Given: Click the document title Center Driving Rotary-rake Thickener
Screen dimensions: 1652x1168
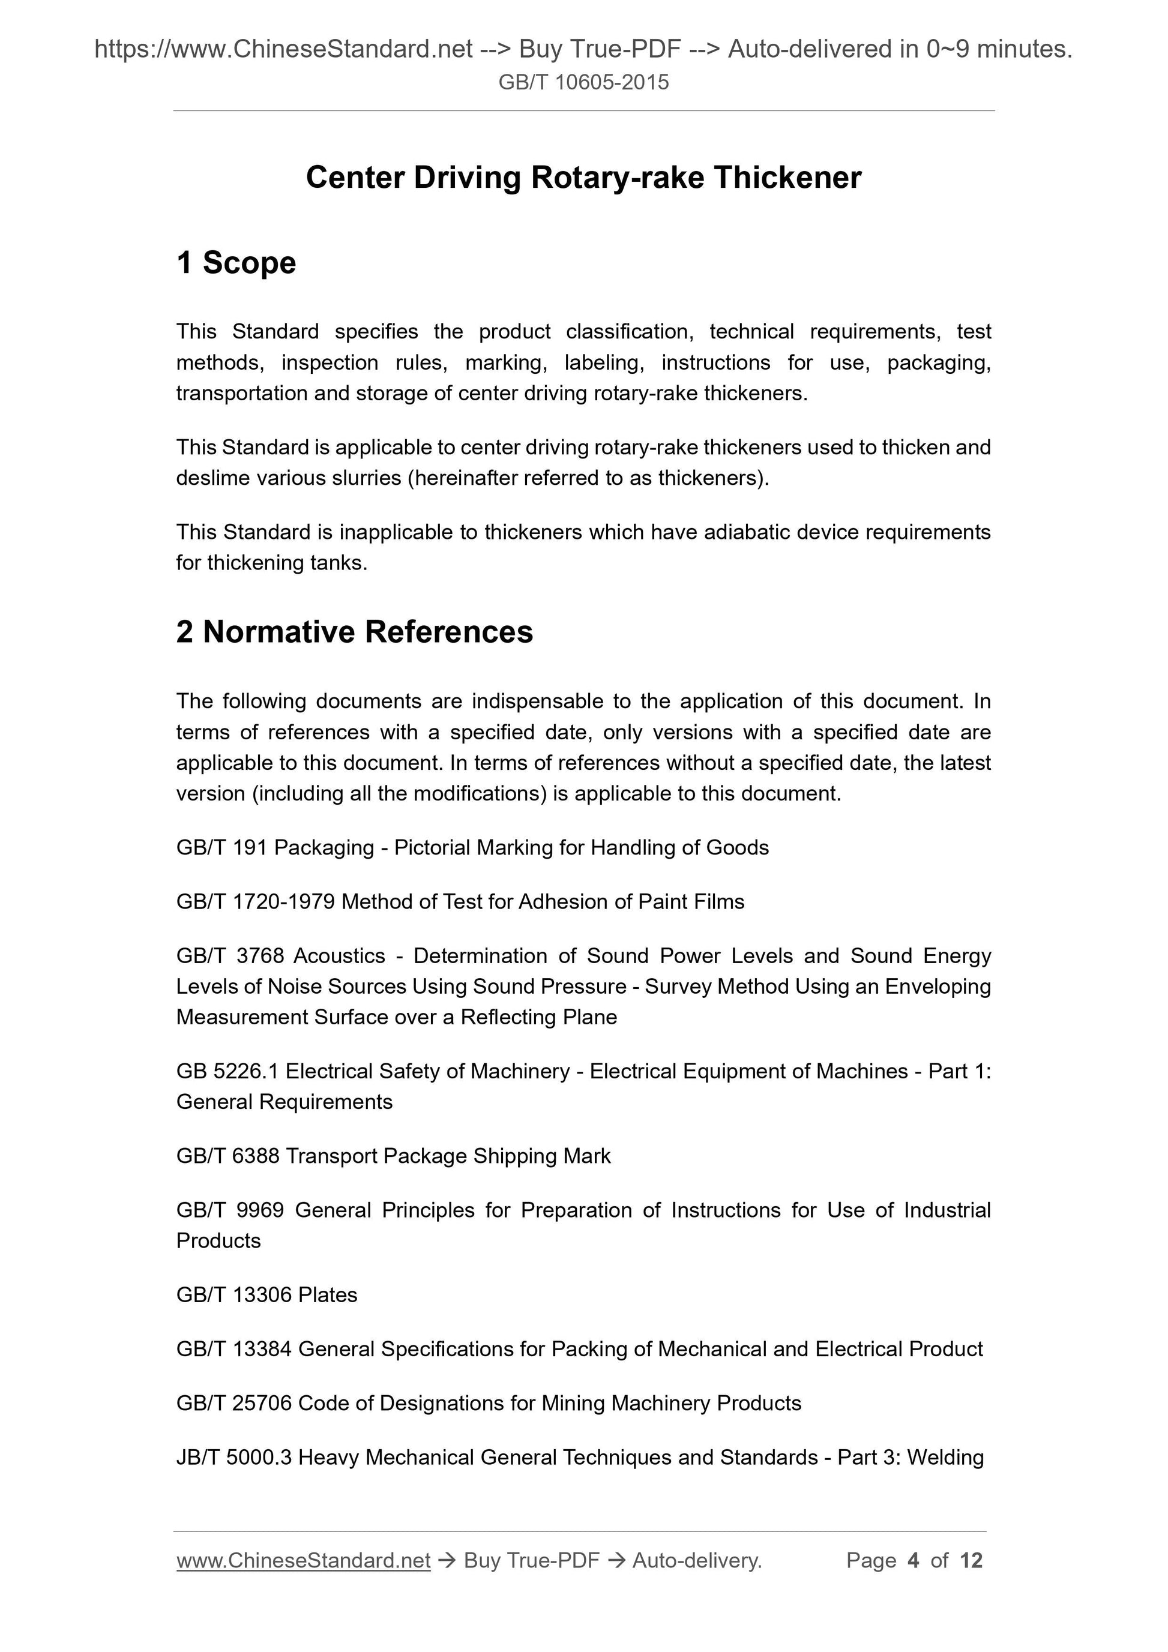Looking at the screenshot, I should (x=583, y=178).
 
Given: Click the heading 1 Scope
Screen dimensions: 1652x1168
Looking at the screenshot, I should (x=236, y=263).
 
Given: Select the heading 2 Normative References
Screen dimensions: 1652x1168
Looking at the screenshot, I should (x=354, y=632).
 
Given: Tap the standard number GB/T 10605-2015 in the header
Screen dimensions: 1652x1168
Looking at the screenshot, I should (x=583, y=82).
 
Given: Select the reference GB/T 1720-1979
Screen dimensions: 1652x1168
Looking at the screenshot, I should (x=256, y=901).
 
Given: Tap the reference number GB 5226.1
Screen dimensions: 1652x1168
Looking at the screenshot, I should (x=227, y=1071).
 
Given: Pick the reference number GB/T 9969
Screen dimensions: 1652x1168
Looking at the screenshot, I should (x=229, y=1210).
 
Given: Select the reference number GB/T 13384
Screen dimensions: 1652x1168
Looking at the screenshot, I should (x=234, y=1348).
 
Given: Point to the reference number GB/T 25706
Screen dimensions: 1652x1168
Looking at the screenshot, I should (x=234, y=1403).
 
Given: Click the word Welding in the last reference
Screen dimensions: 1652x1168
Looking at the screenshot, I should (x=945, y=1457).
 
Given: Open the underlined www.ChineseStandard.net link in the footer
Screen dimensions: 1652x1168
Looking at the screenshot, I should (x=303, y=1560).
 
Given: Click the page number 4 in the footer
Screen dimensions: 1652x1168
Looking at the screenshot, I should (x=914, y=1560).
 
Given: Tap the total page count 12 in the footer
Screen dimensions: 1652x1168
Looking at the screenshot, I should (x=971, y=1560).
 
